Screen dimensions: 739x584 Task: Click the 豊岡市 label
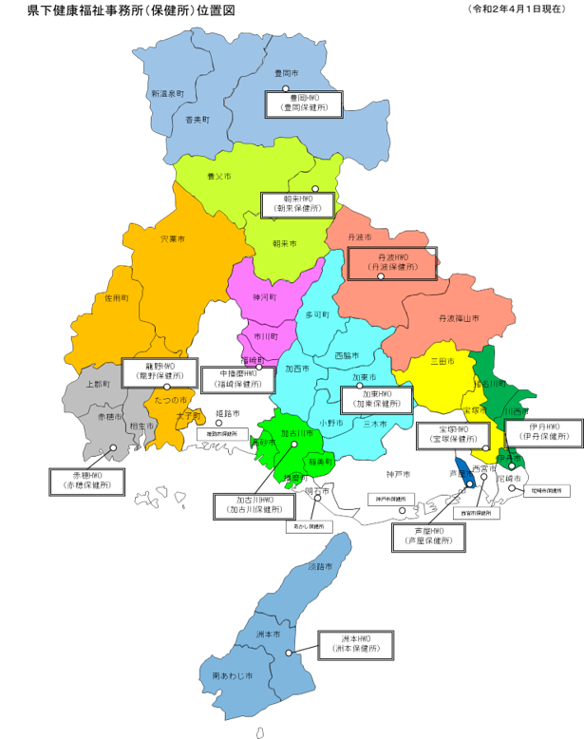(286, 73)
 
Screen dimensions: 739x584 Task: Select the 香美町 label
(198, 120)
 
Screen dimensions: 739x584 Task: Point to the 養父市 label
(219, 176)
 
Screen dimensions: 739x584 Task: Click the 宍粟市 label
(173, 238)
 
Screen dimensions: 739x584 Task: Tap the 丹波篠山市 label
(459, 318)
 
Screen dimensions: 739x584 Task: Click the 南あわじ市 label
(233, 675)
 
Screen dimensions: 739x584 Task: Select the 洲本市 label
(269, 634)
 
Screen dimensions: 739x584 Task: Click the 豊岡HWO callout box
(303, 104)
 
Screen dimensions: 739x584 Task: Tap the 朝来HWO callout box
(298, 204)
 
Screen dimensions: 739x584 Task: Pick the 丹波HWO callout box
(392, 263)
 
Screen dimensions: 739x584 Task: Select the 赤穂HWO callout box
(86, 481)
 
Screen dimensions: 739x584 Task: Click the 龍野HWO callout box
(160, 370)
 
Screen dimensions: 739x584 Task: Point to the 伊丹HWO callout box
(543, 432)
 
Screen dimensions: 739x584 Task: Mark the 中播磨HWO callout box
(238, 379)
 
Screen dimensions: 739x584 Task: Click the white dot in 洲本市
(289, 653)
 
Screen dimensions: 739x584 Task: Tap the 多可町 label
(317, 314)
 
